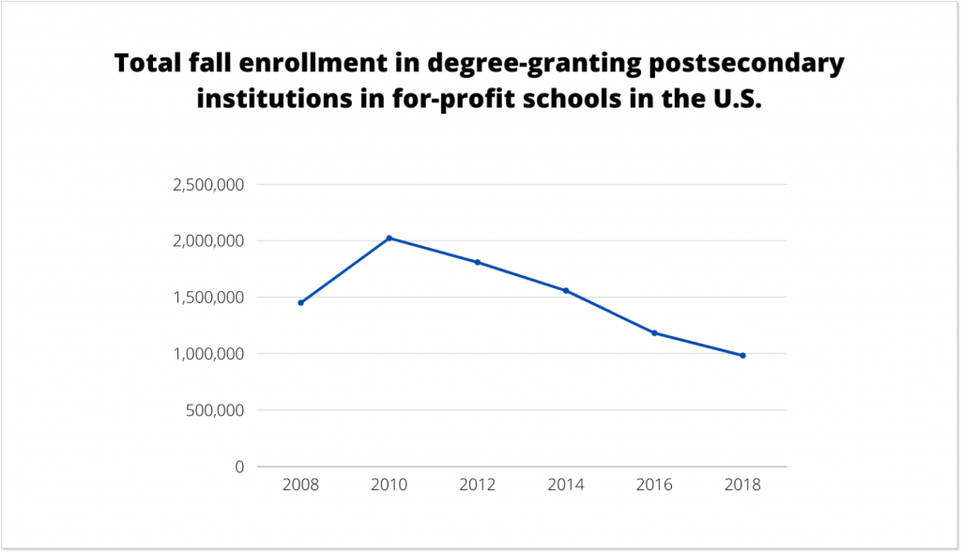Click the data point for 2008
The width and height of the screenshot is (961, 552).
300,302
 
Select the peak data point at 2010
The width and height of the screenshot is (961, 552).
389,238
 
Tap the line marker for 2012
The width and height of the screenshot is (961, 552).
478,262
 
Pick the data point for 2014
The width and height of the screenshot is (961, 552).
566,290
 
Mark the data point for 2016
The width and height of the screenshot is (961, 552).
654,332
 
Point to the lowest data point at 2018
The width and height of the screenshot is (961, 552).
742,355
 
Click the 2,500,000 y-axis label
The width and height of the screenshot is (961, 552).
208,185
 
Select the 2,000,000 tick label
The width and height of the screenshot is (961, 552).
208,241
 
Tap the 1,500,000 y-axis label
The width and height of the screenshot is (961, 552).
208,298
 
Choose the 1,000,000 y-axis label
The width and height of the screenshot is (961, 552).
208,354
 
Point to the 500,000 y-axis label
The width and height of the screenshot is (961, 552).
213,410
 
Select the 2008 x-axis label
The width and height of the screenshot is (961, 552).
300,486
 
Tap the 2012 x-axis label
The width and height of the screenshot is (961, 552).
478,486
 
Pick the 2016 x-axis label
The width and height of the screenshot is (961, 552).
654,486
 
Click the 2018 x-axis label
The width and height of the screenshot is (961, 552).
742,486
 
